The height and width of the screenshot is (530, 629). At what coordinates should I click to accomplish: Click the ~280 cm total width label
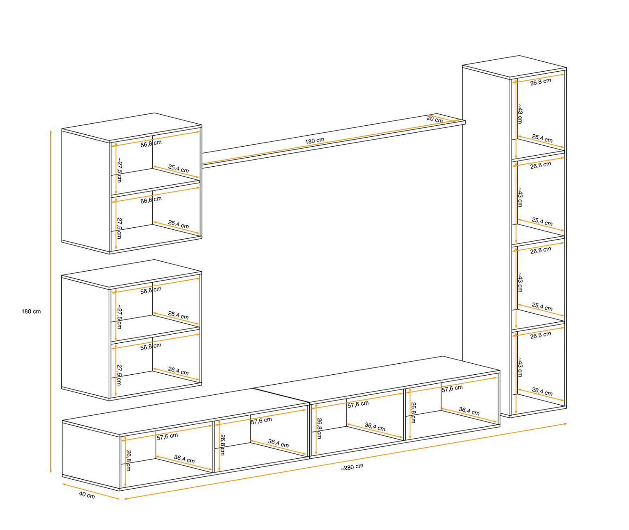click(352, 467)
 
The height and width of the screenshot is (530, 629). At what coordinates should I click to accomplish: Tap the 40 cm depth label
click(87, 495)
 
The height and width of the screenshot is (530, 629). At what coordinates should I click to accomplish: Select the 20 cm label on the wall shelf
click(435, 119)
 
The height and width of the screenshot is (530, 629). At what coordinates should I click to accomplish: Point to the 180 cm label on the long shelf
click(314, 140)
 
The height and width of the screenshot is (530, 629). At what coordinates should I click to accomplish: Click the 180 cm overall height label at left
click(31, 312)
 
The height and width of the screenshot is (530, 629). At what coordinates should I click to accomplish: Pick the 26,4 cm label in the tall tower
click(542, 392)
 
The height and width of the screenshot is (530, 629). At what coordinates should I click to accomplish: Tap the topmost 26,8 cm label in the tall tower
click(541, 82)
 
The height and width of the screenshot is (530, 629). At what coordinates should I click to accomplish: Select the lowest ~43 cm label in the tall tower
click(520, 367)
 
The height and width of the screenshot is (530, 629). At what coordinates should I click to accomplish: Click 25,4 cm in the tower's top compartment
click(542, 138)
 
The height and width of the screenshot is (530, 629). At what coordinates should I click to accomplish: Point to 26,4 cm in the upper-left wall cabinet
click(178, 224)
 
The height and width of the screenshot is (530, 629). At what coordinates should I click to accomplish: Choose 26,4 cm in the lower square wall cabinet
click(178, 371)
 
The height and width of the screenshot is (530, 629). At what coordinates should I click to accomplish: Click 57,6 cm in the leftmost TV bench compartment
click(167, 436)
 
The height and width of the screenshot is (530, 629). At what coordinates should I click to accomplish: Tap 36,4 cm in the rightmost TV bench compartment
click(469, 411)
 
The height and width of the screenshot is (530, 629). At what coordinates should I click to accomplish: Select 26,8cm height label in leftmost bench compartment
click(128, 460)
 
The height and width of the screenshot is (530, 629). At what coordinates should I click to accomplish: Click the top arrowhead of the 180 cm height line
click(51, 132)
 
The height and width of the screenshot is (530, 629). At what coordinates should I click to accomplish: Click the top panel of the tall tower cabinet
click(514, 67)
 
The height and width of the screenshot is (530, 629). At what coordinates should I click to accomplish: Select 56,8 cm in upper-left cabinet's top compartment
click(151, 143)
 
